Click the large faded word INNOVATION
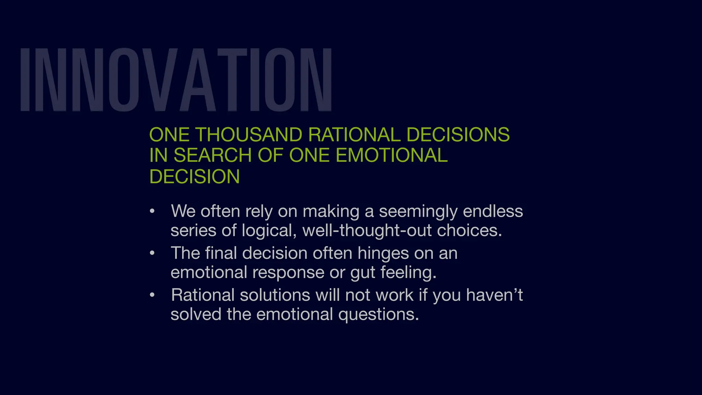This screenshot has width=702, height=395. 175,80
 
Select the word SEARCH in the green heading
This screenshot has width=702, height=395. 213,155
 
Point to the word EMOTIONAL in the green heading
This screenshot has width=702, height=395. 391,155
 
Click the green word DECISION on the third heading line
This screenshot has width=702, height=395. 194,177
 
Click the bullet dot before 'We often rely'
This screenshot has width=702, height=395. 152,211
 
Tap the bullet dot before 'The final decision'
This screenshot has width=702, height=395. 152,253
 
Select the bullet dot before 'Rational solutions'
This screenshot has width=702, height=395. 152,295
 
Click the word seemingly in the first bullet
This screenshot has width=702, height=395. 418,212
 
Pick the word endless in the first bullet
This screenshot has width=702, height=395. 493,211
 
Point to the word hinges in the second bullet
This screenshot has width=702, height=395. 383,254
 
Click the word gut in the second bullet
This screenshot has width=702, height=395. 363,273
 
